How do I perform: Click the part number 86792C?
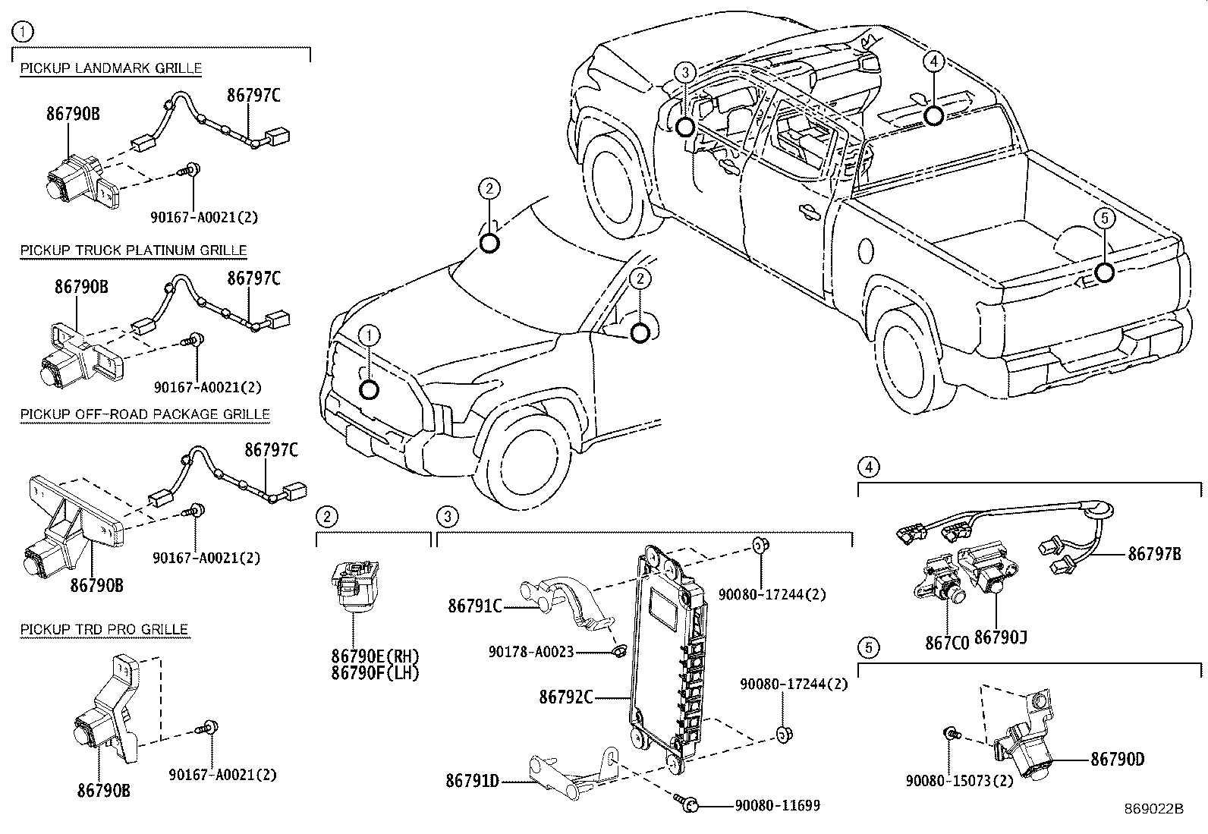click(566, 697)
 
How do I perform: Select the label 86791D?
click(473, 781)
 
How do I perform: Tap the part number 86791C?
click(475, 606)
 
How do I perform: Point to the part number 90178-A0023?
click(531, 652)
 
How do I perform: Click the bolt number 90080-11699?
click(777, 805)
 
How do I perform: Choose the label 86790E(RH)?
click(376, 656)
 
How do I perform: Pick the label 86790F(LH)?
click(376, 673)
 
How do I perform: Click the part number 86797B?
click(1155, 554)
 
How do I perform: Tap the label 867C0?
click(947, 643)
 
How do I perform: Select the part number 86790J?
click(1001, 637)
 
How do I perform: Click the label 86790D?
click(1118, 759)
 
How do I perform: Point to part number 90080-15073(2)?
click(960, 781)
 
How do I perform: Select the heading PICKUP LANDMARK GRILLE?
click(111, 68)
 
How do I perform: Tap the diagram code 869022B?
click(1153, 809)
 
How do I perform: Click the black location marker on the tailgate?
click(1105, 273)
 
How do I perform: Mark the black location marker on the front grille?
click(370, 390)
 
